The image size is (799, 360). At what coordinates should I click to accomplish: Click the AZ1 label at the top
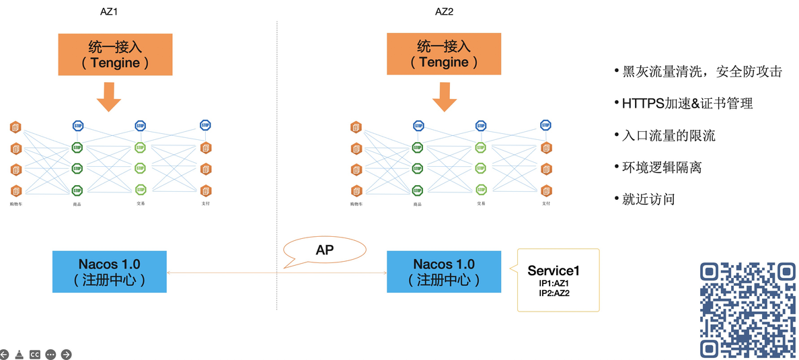click(x=109, y=11)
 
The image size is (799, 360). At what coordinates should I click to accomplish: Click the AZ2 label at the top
click(x=445, y=11)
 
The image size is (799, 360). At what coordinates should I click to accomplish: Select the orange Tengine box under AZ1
click(x=115, y=55)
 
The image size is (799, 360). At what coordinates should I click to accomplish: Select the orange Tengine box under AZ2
click(x=444, y=55)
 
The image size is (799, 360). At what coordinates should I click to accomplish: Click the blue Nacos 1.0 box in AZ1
click(x=109, y=272)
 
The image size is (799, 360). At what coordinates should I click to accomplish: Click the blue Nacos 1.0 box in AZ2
click(x=444, y=272)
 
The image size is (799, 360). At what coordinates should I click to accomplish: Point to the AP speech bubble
click(x=325, y=250)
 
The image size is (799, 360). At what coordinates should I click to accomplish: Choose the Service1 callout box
click(x=558, y=280)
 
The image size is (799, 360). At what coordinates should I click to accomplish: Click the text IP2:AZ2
click(x=554, y=293)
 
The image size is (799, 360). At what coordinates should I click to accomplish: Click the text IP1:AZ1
click(x=554, y=283)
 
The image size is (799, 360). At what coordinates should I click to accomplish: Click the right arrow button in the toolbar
click(x=66, y=354)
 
